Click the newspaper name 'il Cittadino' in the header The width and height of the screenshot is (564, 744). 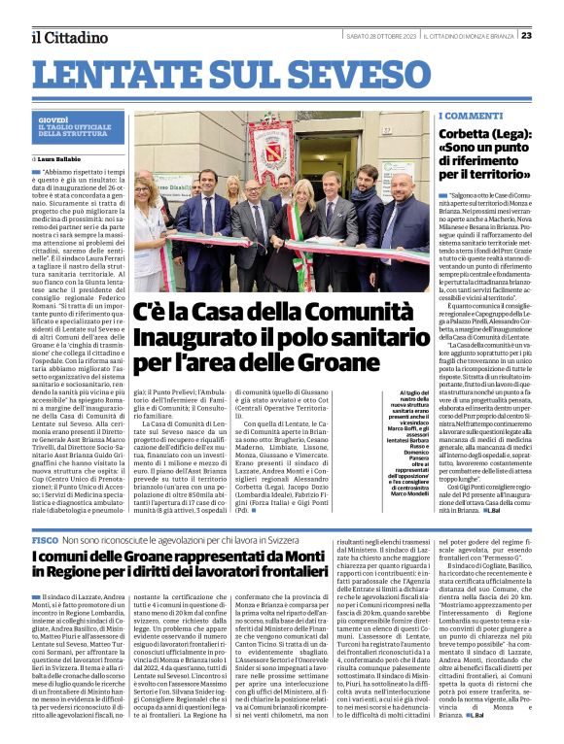click(68, 37)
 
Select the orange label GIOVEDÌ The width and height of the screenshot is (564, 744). click(53, 119)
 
